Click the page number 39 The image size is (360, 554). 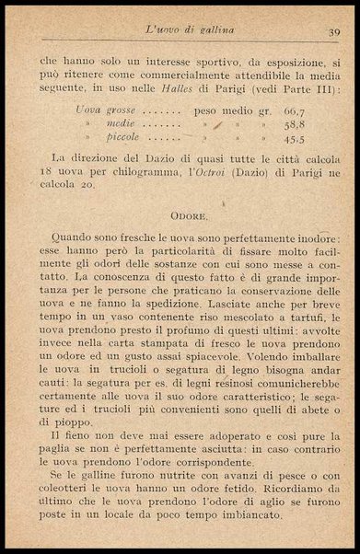[x=333, y=32]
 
